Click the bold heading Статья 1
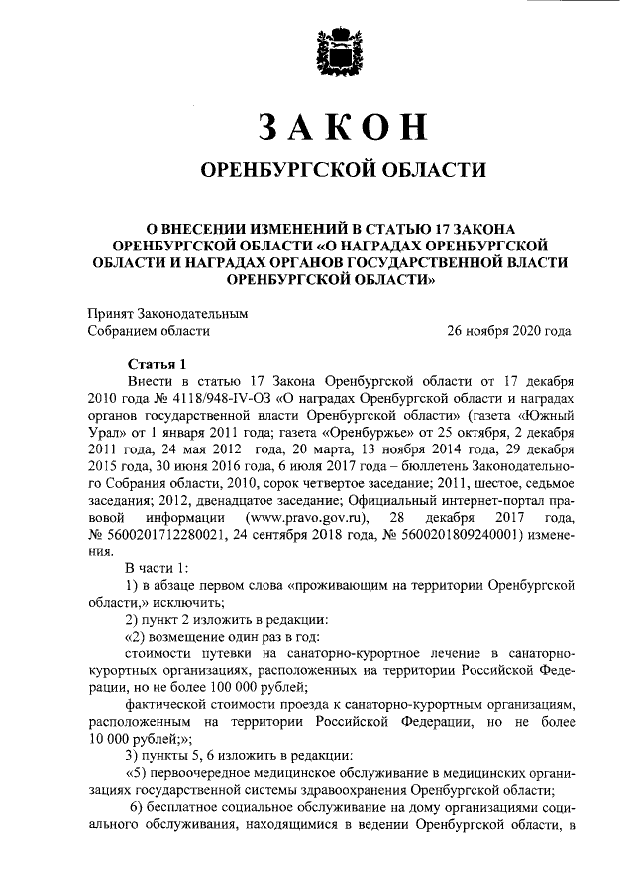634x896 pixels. coord(157,363)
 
